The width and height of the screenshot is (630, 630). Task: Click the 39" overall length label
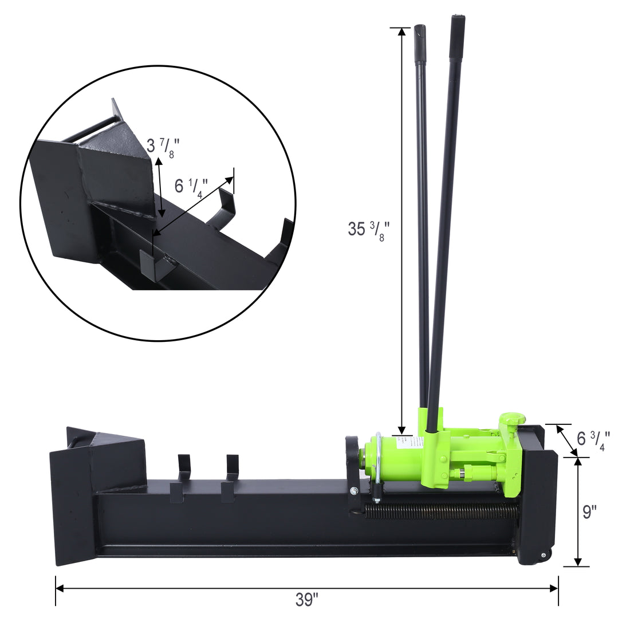click(x=307, y=600)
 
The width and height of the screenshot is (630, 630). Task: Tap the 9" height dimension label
click(x=589, y=511)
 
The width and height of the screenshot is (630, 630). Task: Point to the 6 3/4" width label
click(x=593, y=439)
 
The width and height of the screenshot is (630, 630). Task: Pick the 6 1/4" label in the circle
click(x=191, y=187)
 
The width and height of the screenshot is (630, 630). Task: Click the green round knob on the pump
click(x=511, y=419)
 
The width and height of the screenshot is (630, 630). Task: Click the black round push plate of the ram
click(x=352, y=461)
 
